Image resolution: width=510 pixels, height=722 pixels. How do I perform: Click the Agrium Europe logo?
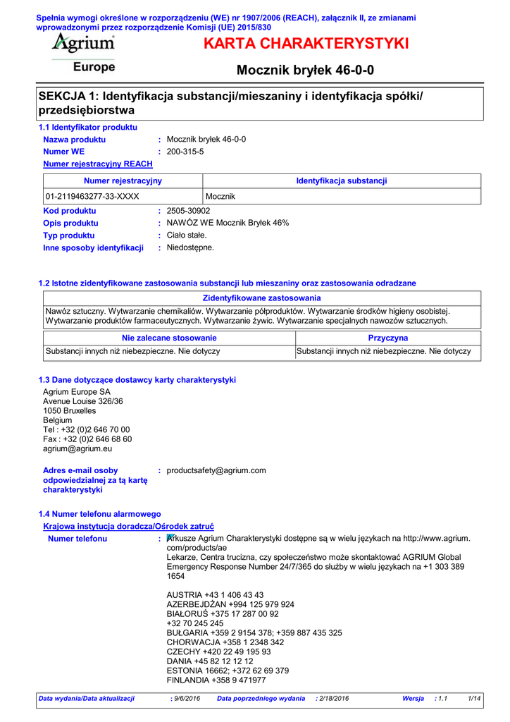coord(83,54)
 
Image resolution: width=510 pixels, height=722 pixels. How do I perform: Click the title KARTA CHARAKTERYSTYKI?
coord(306,44)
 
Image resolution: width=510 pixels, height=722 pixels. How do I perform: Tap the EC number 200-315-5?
coord(185,152)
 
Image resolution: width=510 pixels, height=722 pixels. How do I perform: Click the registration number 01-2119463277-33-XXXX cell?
coord(92,196)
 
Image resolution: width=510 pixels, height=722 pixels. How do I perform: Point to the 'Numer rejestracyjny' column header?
coord(123,181)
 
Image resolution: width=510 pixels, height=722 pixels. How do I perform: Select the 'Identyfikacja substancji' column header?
coord(342,181)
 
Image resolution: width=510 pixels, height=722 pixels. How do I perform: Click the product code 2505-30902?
coord(188,211)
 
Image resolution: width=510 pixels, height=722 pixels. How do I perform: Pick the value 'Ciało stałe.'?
coord(187,235)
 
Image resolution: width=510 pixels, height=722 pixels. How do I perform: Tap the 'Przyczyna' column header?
coord(388,338)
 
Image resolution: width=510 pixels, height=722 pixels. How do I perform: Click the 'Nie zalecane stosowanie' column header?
coord(169,338)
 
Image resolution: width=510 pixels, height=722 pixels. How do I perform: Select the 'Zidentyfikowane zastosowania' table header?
coord(261,298)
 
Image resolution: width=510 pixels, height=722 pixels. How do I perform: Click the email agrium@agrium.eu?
coord(77,448)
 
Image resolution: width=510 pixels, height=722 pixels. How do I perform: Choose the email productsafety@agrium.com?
coord(216,470)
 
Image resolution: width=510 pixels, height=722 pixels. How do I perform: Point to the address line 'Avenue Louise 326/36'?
coord(83,401)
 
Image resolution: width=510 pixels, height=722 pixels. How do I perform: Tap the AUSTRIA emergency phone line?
coord(215,594)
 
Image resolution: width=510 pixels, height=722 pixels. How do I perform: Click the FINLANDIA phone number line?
coord(216,680)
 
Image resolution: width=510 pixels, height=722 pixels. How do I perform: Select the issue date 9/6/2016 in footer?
coord(186,698)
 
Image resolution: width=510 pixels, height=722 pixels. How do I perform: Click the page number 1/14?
coord(474,698)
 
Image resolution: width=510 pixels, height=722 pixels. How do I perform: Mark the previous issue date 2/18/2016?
coord(334,698)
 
